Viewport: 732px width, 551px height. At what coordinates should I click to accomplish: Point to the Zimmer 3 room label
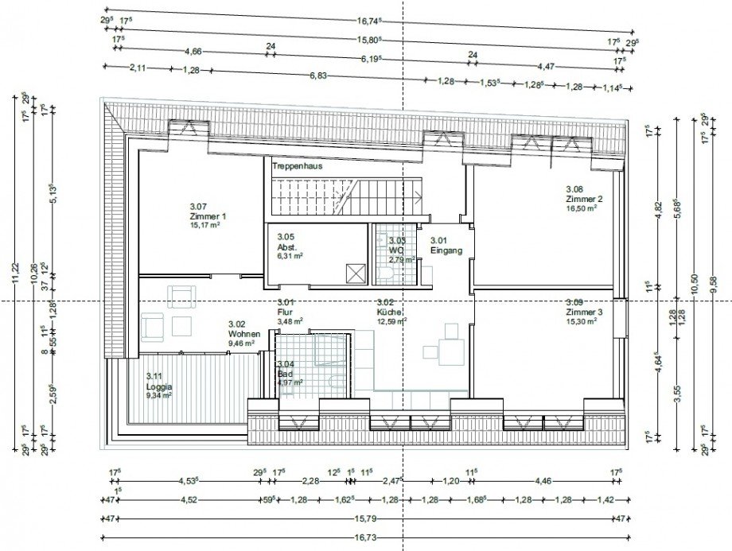tap(584, 312)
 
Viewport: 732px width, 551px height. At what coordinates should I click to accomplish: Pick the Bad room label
tap(286, 373)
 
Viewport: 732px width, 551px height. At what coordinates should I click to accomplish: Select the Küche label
tap(390, 312)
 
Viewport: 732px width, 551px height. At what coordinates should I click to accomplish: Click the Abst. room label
tap(287, 246)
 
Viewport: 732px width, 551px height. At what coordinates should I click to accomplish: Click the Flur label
tap(285, 312)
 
